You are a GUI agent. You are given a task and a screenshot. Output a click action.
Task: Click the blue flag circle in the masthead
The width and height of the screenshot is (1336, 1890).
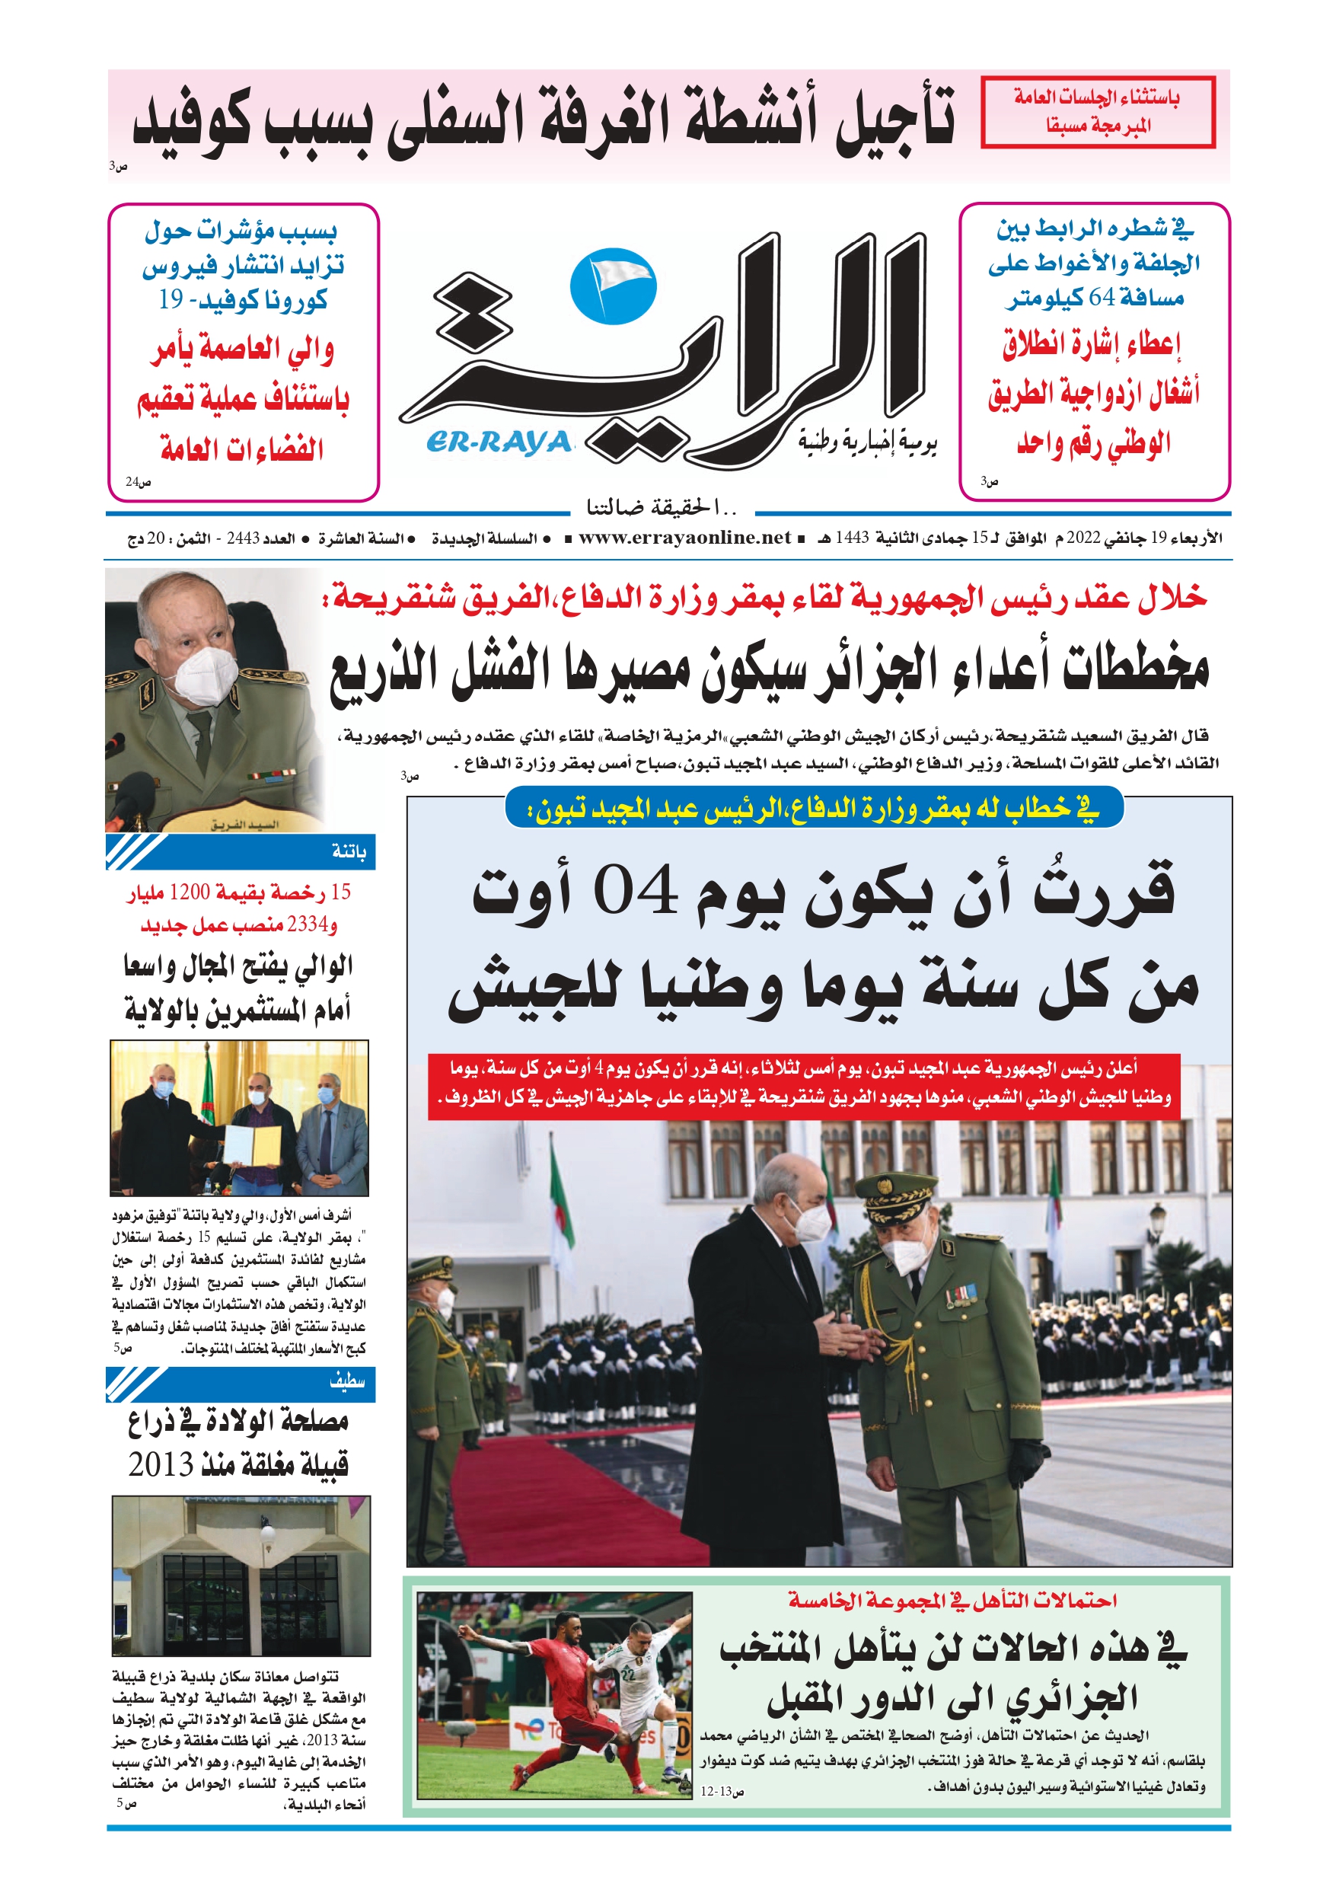click(x=613, y=286)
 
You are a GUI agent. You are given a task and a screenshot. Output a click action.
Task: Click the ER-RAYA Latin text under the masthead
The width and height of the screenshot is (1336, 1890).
click(x=499, y=443)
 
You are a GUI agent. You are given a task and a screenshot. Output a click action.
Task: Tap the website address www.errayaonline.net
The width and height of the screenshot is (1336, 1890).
click(x=684, y=538)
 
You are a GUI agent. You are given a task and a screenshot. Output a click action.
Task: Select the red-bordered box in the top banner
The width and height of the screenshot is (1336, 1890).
click(x=1097, y=112)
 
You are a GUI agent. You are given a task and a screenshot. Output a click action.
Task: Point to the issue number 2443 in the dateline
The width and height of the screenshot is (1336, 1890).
click(x=243, y=538)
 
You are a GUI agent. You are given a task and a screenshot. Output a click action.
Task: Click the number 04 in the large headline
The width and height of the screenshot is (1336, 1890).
click(x=636, y=892)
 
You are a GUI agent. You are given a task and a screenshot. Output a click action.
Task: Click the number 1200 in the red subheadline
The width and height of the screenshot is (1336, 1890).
click(x=190, y=892)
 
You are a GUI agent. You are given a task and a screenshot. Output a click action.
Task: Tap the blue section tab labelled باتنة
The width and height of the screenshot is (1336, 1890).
click(x=348, y=852)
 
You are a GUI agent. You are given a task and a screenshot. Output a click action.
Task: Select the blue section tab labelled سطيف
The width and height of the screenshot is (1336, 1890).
click(x=346, y=1382)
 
